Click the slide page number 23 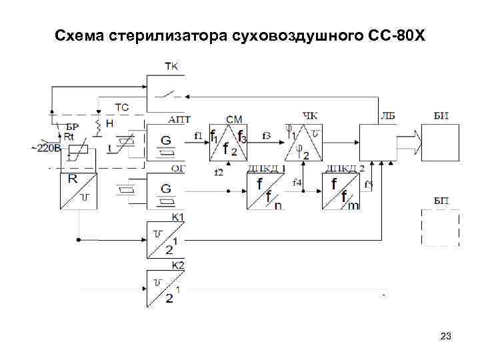pos(446,337)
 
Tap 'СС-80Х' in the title pos(396,33)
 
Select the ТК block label pos(171,67)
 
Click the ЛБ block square pos(377,142)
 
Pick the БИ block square pos(440,142)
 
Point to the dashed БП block pos(440,227)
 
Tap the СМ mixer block pos(229,142)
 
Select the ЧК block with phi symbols pos(303,142)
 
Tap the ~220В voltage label pos(46,148)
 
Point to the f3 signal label pos(267,136)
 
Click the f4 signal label pos(297,182)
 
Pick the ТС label pos(123,107)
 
